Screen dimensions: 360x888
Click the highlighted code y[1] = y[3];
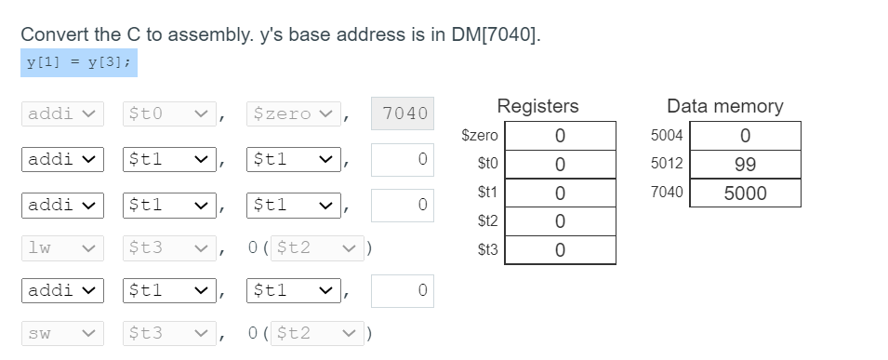tap(79, 62)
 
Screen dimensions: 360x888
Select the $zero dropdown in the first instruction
tap(290, 113)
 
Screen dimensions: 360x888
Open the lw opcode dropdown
tap(61, 247)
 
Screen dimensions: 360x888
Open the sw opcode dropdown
tap(61, 332)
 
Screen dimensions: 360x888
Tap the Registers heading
tap(537, 106)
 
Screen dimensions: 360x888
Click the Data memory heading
tap(724, 106)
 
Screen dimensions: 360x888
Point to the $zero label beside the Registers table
tap(480, 135)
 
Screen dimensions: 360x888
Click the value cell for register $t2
tap(559, 221)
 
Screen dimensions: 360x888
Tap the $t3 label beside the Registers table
tap(486, 250)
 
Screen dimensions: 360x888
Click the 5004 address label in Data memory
tap(668, 135)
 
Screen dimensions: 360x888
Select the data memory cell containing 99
tap(744, 165)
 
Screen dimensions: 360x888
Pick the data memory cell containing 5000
tap(744, 193)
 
